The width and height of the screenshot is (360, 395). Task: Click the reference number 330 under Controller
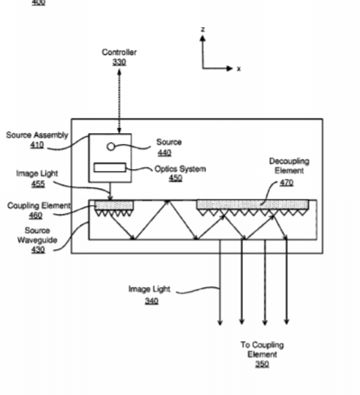tap(119, 62)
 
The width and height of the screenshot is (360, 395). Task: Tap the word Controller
tap(119, 52)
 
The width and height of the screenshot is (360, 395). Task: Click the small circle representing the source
tap(111, 147)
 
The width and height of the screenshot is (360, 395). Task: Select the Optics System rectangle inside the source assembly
tap(110, 167)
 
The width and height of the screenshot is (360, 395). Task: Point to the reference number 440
tap(165, 153)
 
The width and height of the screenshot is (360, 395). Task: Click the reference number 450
tap(175, 178)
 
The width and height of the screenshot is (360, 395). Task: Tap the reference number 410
tap(37, 145)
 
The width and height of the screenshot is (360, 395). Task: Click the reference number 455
tap(38, 184)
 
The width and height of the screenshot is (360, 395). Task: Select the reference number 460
tap(36, 215)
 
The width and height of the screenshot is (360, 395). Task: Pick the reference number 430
tap(38, 249)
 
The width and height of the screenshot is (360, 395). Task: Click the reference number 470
tap(286, 183)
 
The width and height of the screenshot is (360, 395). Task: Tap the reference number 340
tap(151, 301)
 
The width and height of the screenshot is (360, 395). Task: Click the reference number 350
tap(262, 364)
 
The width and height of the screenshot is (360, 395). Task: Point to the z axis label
tap(203, 30)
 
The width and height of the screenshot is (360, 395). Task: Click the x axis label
tap(238, 68)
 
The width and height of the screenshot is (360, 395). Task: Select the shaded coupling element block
tap(114, 205)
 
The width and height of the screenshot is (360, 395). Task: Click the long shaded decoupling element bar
tap(252, 204)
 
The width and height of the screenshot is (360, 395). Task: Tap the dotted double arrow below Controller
tap(120, 101)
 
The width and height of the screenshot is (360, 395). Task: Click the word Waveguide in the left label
tap(37, 240)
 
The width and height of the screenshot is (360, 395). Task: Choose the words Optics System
tap(180, 169)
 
